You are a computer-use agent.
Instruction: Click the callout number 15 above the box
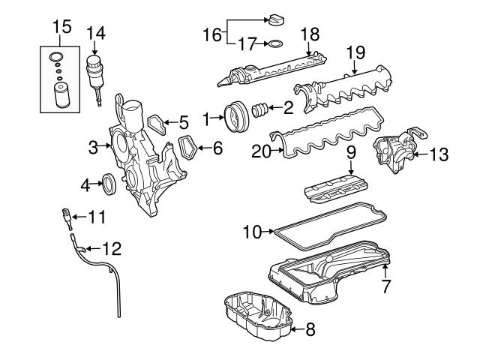coord(61,28)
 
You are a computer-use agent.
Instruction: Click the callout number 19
coord(355,52)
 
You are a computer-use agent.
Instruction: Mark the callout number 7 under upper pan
coord(385,286)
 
